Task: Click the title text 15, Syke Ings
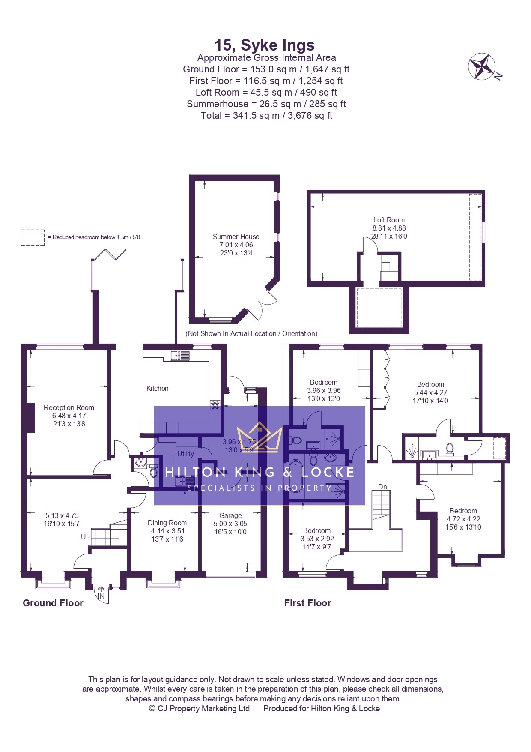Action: pyautogui.click(x=264, y=45)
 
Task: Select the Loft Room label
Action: pyautogui.click(x=388, y=220)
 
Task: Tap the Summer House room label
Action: pyautogui.click(x=236, y=237)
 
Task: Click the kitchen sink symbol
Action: pyautogui.click(x=180, y=355)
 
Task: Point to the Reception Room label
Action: pyautogui.click(x=69, y=407)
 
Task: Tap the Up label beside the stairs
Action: pyautogui.click(x=85, y=537)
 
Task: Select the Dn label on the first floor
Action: pyautogui.click(x=382, y=487)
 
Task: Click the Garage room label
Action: pyautogui.click(x=230, y=515)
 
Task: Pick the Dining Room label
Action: pyautogui.click(x=167, y=523)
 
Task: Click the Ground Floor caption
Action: pyautogui.click(x=53, y=603)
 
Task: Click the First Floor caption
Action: pyautogui.click(x=307, y=603)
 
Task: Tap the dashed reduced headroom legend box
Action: pyautogui.click(x=33, y=237)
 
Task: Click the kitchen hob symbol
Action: pyautogui.click(x=215, y=404)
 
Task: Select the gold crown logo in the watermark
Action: pyautogui.click(x=260, y=437)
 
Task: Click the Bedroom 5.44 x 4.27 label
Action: pyautogui.click(x=430, y=384)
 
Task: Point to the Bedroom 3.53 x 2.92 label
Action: pyautogui.click(x=317, y=530)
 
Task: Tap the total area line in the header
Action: pyautogui.click(x=266, y=115)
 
